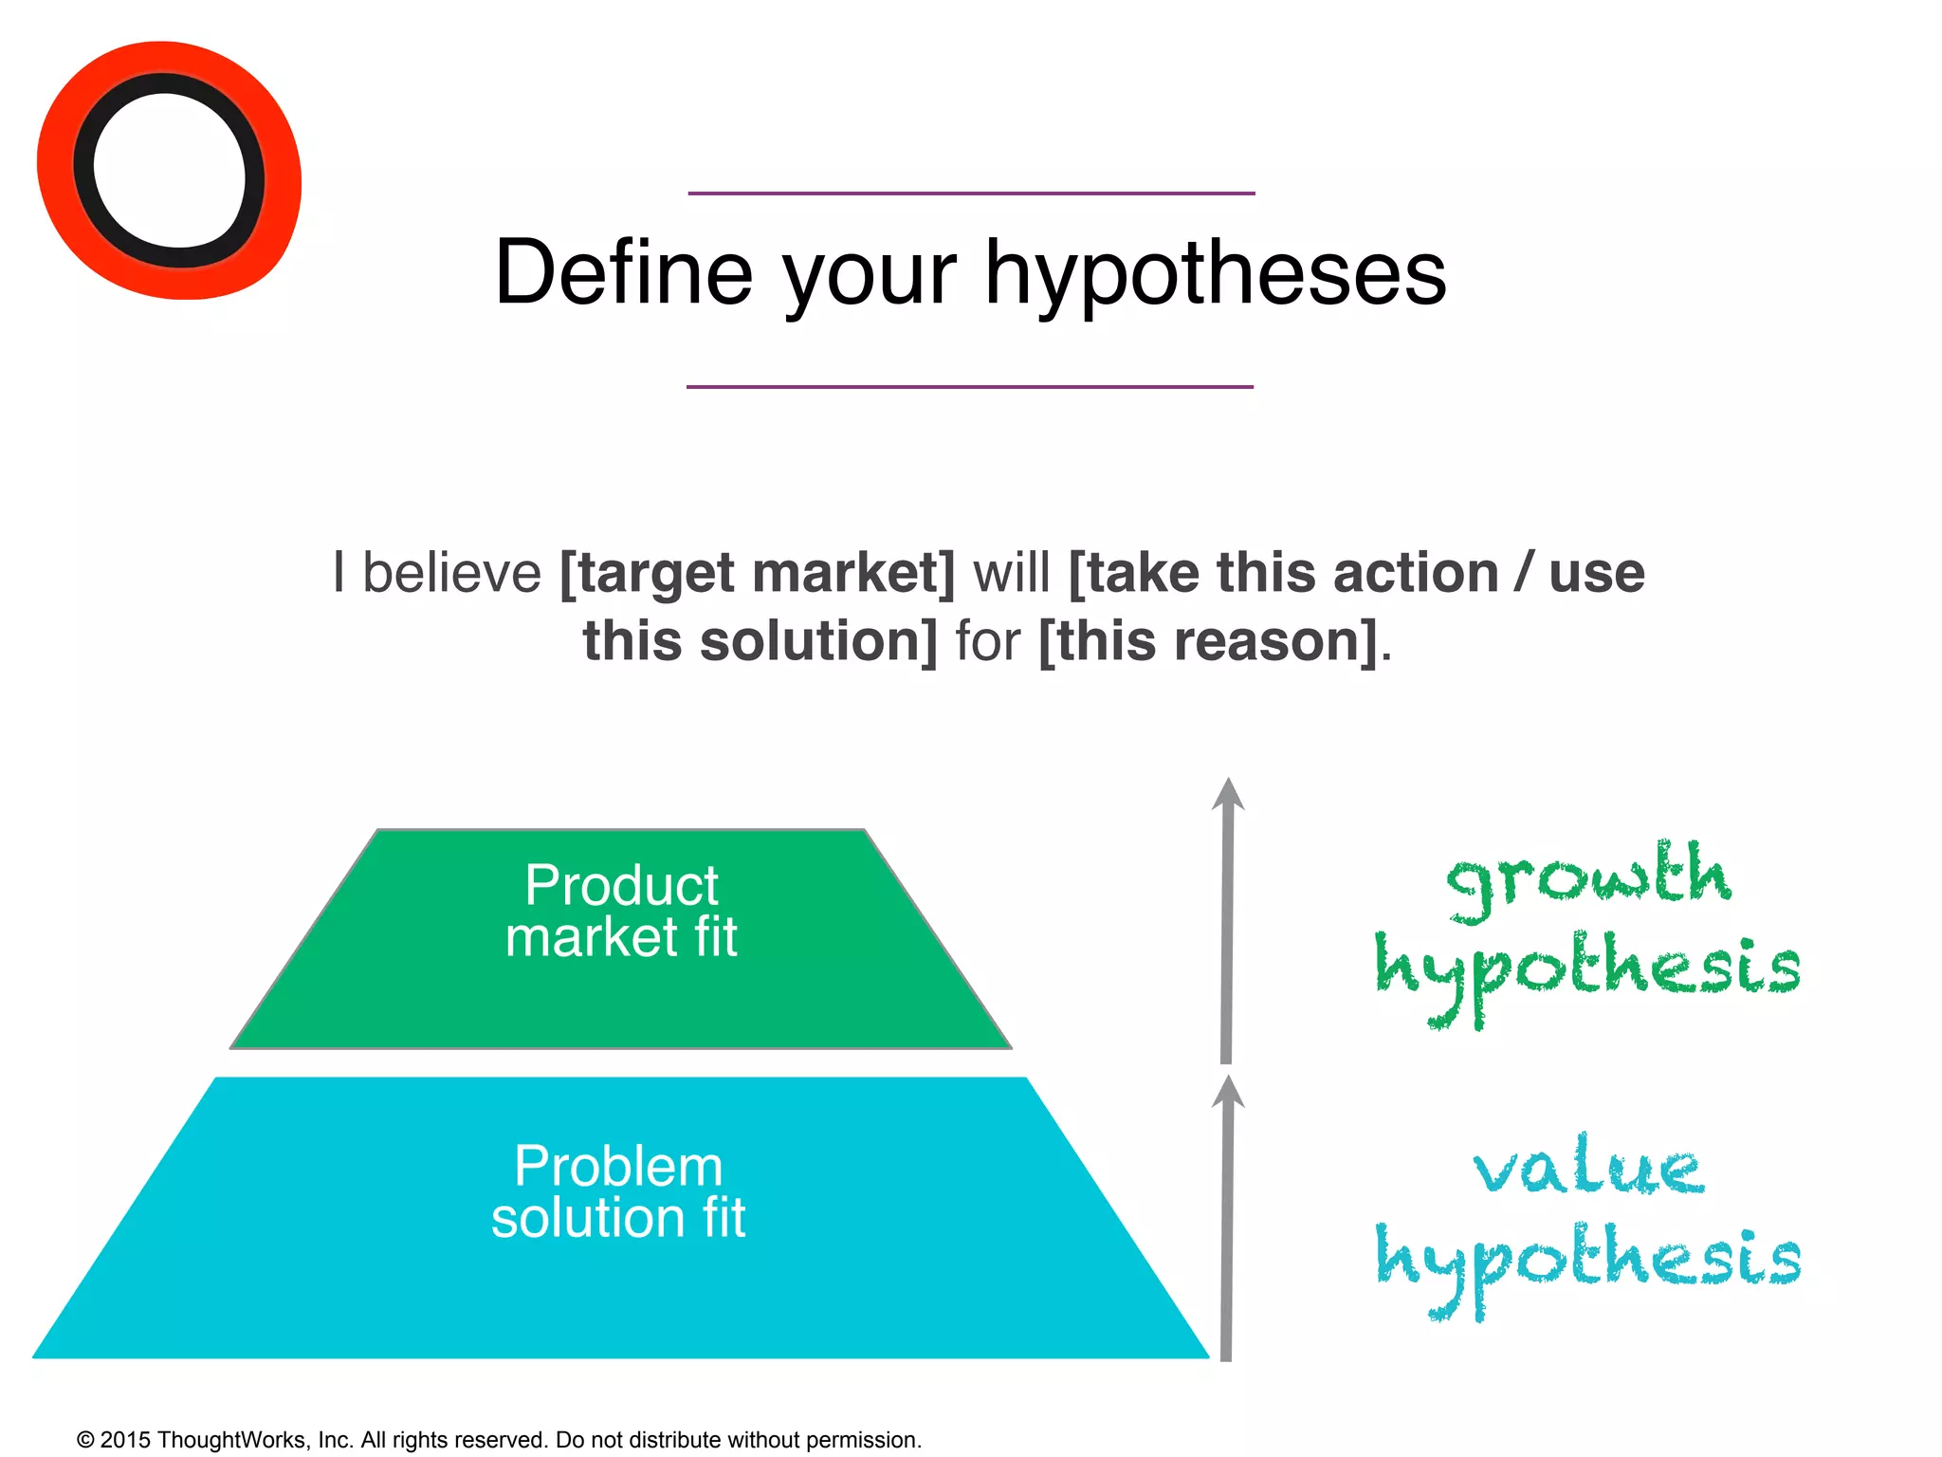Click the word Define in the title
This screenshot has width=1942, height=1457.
coord(623,273)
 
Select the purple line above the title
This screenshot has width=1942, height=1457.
coord(971,194)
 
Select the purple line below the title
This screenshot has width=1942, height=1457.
coord(970,387)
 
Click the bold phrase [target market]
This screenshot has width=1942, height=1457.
coord(758,573)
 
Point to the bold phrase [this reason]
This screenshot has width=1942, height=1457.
coord(1208,641)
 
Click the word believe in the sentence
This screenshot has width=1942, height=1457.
coord(451,573)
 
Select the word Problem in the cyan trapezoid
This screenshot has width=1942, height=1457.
coord(618,1166)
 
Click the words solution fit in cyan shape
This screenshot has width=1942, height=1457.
coord(618,1218)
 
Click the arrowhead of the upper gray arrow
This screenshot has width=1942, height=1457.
coord(1228,795)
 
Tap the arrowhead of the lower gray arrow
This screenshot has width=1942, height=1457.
coord(1228,1092)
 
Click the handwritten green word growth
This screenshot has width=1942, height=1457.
coord(1587,878)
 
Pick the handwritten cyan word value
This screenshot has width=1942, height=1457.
coord(1588,1167)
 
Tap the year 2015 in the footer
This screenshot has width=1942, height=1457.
coord(125,1440)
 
